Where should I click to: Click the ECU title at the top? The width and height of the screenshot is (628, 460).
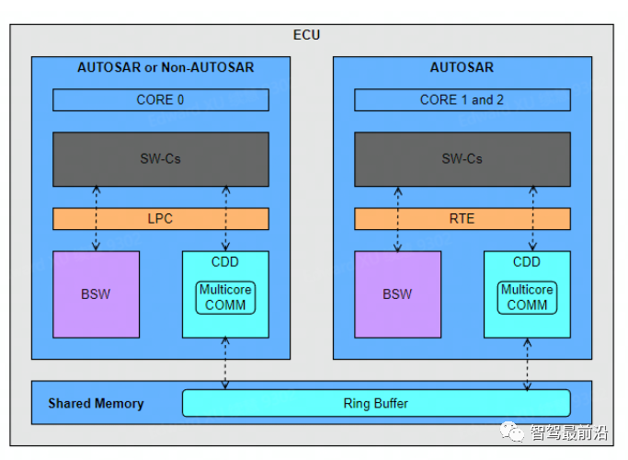point(307,35)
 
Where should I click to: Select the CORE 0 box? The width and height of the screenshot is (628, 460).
point(160,99)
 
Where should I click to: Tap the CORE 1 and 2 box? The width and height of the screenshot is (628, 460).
point(462,99)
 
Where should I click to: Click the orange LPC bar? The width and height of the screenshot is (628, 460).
point(160,219)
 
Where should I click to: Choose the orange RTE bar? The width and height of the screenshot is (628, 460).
point(462,219)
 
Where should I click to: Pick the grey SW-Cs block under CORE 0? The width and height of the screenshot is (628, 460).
point(160,158)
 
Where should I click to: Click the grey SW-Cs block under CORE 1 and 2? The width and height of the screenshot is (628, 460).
point(462,158)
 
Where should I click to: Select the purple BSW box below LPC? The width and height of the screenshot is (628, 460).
point(96,294)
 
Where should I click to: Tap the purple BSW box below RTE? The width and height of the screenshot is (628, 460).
point(397,294)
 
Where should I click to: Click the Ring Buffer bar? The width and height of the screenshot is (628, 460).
point(375,403)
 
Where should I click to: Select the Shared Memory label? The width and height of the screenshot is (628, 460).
point(96,403)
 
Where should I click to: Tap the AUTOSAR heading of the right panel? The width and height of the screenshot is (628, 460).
point(462,67)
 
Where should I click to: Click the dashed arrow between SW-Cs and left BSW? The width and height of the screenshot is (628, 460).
point(96,218)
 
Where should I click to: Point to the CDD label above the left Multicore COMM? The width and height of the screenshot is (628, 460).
point(225,262)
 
